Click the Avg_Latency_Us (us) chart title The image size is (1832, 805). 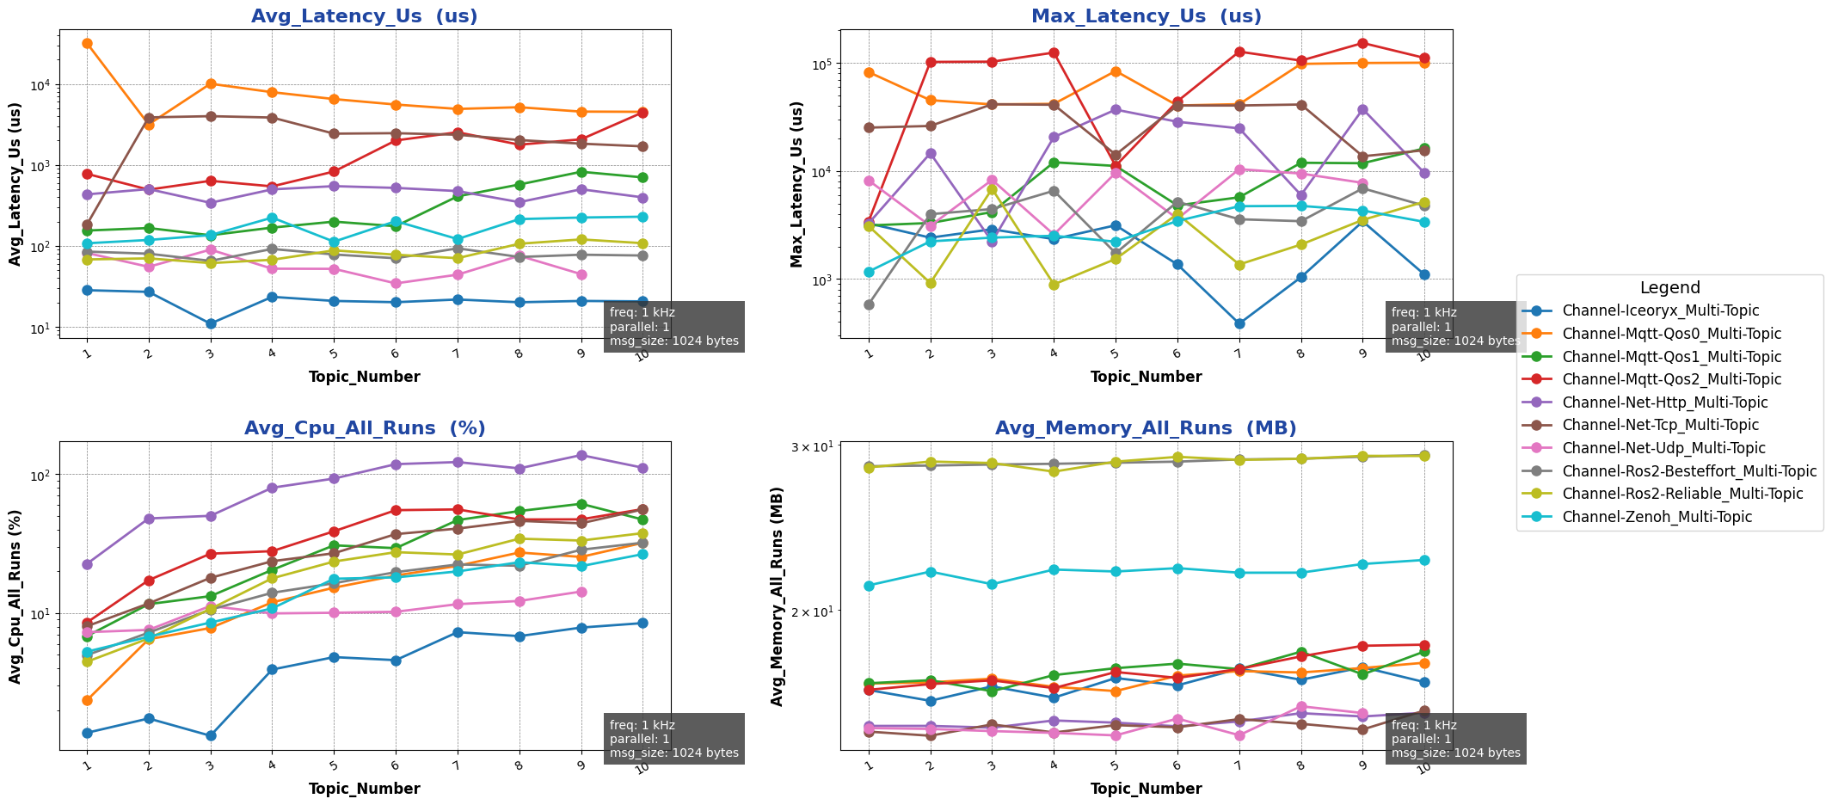point(364,16)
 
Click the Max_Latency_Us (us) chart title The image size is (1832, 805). point(1146,16)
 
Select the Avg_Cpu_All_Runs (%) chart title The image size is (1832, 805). point(364,428)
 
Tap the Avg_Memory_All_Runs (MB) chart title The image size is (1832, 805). point(1146,428)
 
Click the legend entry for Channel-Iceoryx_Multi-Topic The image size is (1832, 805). point(1660,311)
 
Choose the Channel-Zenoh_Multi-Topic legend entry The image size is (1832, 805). point(1657,518)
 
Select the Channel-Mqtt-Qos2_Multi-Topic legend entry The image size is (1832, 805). point(1671,380)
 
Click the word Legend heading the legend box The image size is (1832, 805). point(1669,288)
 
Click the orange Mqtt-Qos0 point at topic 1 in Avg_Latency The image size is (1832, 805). point(87,44)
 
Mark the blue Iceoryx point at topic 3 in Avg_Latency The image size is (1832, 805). point(211,324)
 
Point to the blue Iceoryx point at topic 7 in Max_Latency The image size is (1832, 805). point(1239,324)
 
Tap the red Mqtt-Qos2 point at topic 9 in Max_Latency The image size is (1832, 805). point(1363,44)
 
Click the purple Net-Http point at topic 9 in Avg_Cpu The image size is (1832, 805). point(581,456)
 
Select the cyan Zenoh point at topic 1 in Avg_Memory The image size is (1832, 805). point(869,587)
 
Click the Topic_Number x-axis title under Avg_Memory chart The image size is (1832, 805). point(1146,789)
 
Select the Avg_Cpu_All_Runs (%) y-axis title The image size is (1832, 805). point(15,595)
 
